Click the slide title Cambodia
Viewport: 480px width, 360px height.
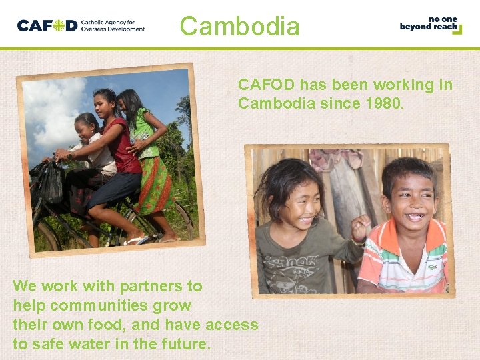pyautogui.click(x=240, y=27)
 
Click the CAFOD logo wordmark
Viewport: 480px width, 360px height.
pyautogui.click(x=47, y=26)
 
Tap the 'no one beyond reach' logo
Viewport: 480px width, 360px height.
pyautogui.click(x=431, y=25)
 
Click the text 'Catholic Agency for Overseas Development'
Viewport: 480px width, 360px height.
pyautogui.click(x=112, y=26)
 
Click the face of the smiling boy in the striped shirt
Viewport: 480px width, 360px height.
pyautogui.click(x=411, y=196)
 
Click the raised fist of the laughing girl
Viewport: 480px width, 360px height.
pyautogui.click(x=361, y=227)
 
